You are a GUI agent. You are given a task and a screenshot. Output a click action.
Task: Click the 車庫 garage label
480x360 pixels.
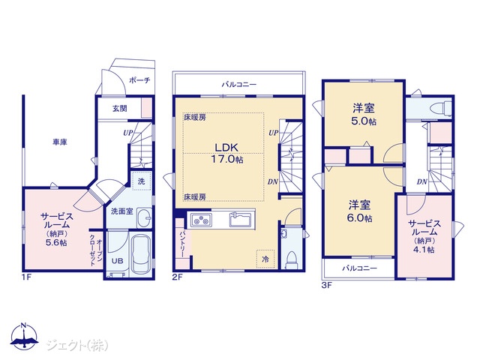tap(60, 142)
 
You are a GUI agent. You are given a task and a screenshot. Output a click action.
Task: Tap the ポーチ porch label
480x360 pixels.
tap(139, 80)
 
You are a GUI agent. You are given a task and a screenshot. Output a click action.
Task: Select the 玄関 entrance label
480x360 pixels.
tap(119, 108)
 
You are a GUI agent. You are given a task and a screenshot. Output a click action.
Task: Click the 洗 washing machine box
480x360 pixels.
tap(141, 181)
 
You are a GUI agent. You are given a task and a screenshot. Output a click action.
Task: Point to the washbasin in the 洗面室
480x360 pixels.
tap(144, 218)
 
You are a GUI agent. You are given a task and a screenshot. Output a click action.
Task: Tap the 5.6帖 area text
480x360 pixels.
tap(57, 243)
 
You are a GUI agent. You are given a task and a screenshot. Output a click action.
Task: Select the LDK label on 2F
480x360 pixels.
tap(226, 147)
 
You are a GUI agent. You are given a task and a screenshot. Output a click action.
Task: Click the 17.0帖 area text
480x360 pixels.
tap(226, 159)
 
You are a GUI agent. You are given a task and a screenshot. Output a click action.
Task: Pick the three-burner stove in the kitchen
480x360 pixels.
tap(201, 220)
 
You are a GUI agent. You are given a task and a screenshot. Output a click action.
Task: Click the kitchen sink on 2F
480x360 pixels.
tap(241, 220)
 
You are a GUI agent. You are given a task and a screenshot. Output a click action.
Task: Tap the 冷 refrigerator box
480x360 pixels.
tap(265, 259)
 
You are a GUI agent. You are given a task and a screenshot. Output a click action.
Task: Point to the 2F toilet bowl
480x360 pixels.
tap(291, 260)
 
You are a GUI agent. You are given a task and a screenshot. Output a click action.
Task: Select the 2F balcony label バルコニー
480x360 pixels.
tap(239, 84)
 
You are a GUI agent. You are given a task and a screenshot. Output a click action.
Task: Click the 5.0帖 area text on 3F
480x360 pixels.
tap(364, 121)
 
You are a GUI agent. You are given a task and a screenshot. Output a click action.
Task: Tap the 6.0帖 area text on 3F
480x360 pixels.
tap(359, 218)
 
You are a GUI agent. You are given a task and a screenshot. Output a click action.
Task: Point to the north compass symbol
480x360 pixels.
tap(24, 336)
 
